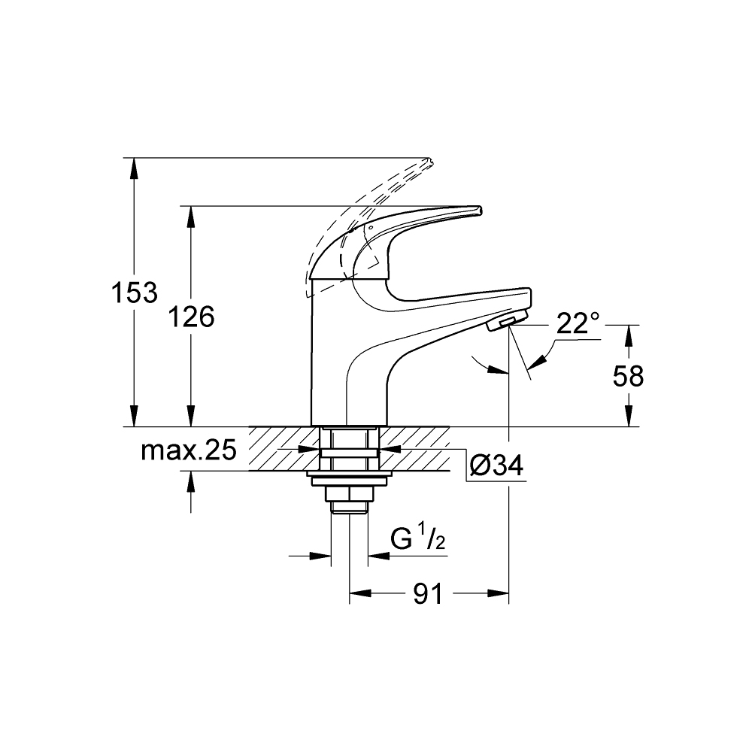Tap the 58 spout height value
coord(628,375)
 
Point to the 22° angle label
coord(578,323)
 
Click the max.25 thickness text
coord(189,450)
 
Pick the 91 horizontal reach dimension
coord(428,594)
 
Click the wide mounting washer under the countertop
coord(350,475)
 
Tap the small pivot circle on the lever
coord(369,226)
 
